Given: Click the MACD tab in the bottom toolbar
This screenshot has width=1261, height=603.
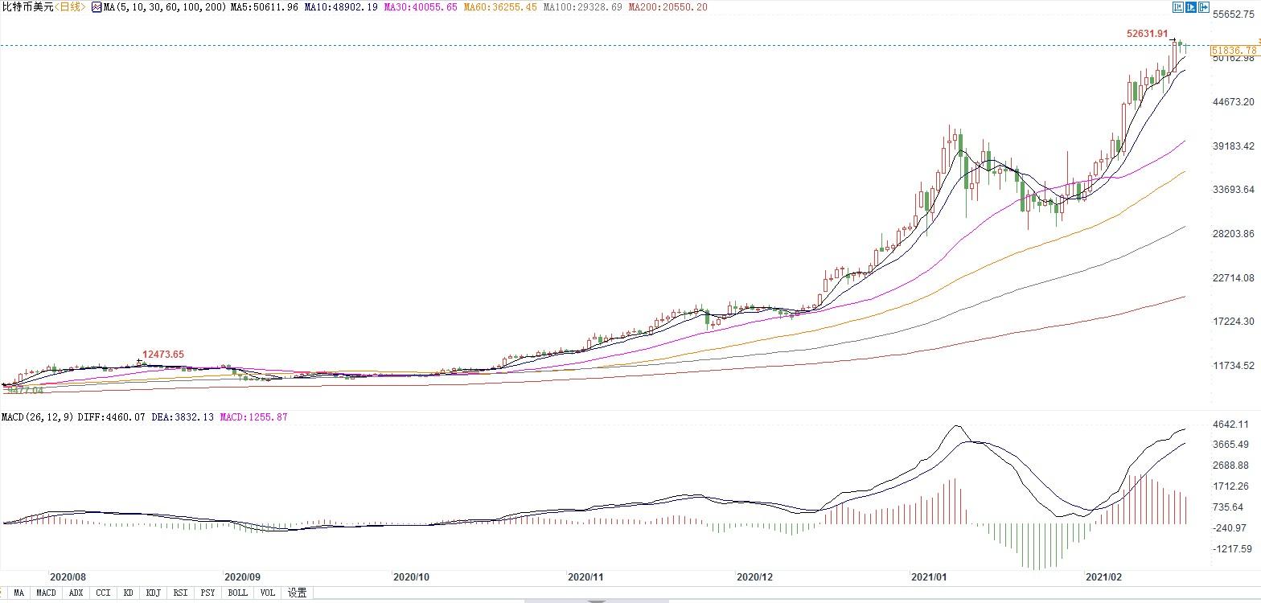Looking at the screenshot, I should point(46,593).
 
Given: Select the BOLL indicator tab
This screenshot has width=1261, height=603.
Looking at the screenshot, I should point(237,593).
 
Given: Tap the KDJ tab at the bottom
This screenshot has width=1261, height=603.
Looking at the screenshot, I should point(153,593).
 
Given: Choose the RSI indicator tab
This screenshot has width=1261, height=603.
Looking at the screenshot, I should point(180,593).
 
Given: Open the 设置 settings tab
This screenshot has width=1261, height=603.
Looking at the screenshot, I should point(297,593).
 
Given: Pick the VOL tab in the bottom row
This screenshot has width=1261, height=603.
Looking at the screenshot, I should point(267,593).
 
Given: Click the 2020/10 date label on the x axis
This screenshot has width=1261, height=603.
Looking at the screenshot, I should point(410,576).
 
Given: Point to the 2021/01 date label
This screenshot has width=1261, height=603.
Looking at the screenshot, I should point(929,576).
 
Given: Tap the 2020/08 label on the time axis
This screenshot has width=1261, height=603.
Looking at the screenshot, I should point(68,576).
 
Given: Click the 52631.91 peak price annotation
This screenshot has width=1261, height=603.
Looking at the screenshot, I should point(1147,34).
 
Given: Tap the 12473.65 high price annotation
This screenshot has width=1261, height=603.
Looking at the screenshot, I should point(163,355).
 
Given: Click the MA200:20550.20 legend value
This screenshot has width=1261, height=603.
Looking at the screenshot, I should point(667,7).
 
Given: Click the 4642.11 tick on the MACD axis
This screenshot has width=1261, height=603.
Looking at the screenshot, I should point(1231,425).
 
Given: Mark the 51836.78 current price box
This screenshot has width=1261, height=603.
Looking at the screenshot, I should point(1233,50).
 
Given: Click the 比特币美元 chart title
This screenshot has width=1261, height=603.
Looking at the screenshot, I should point(28,7).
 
